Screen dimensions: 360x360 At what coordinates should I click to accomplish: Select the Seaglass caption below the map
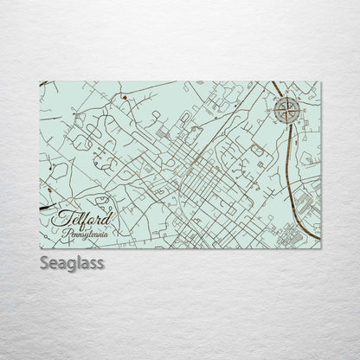coord(70,262)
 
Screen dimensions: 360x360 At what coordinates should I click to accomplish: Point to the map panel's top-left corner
coord(40,82)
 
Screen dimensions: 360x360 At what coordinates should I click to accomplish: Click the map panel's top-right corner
coord(320,82)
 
